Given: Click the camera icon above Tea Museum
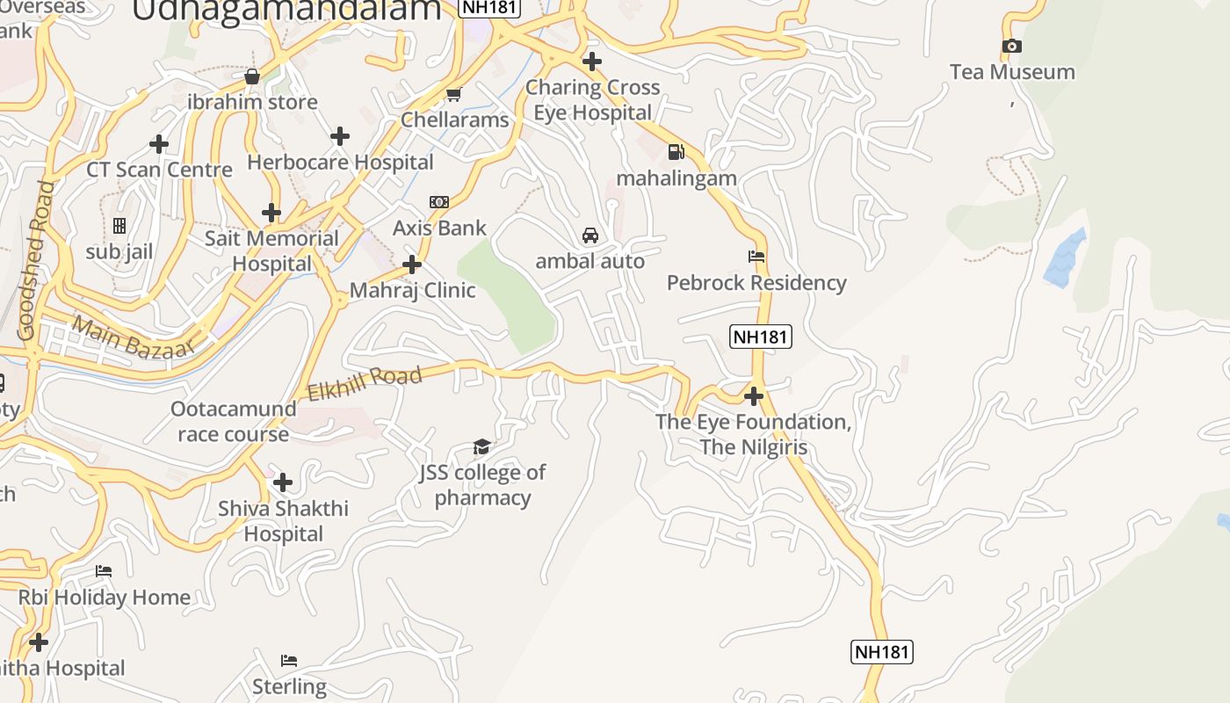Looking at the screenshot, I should coord(1011,47).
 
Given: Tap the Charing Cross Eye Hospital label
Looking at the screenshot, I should coord(592,100).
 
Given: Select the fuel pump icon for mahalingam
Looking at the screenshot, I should coord(676,152).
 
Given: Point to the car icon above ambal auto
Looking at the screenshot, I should coord(590,236).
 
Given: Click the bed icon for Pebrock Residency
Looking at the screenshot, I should coord(756,257).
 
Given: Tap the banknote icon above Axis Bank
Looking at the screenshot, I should coord(439,202).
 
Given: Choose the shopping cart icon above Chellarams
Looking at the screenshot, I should coord(454,94).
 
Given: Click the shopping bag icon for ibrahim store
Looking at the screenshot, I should coord(252,76).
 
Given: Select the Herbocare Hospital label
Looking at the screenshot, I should coord(340,163).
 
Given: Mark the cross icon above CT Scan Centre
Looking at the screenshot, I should coord(159,143).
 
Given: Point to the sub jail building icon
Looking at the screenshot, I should coord(119,226).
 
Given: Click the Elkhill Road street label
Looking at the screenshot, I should coord(365,383).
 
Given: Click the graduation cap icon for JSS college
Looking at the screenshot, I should coord(481,447).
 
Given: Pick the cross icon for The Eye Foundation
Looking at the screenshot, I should coord(753,395).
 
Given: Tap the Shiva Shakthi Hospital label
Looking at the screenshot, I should coord(283,521).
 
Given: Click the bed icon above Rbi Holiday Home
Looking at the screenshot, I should coord(104,571).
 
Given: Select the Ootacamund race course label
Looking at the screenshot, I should coord(233,422).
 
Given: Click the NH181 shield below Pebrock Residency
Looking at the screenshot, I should coord(760,337).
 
